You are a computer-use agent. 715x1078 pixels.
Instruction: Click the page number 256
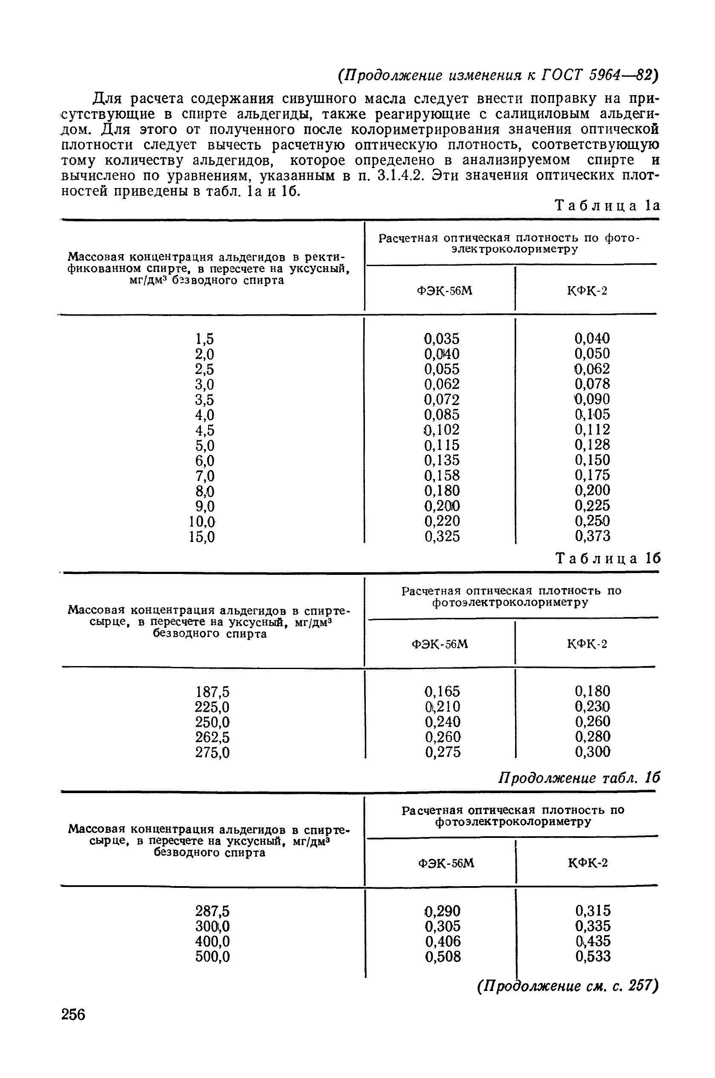(x=73, y=1014)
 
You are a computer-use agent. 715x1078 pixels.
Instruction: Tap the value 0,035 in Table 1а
(x=442, y=339)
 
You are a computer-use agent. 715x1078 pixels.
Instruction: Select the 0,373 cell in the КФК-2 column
(x=592, y=536)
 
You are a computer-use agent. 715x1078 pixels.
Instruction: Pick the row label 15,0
(x=202, y=537)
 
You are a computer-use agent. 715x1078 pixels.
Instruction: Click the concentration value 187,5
(x=212, y=692)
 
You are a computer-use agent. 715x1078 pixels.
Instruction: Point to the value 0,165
(x=442, y=691)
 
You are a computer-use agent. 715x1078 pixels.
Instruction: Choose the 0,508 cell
(x=443, y=956)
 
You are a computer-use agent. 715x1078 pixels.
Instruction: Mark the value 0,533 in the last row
(x=593, y=956)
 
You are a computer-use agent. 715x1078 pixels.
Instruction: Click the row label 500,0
(x=212, y=956)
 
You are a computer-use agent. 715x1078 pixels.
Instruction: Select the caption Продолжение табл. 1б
(x=579, y=777)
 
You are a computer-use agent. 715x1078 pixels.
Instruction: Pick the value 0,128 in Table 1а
(x=592, y=445)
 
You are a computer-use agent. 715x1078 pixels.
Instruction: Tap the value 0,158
(x=442, y=475)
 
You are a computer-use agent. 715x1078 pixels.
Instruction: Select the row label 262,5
(x=212, y=737)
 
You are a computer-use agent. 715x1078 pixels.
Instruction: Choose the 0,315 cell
(x=593, y=911)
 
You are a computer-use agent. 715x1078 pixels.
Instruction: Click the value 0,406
(x=443, y=941)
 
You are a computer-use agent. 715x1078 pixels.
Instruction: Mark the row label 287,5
(x=212, y=911)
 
